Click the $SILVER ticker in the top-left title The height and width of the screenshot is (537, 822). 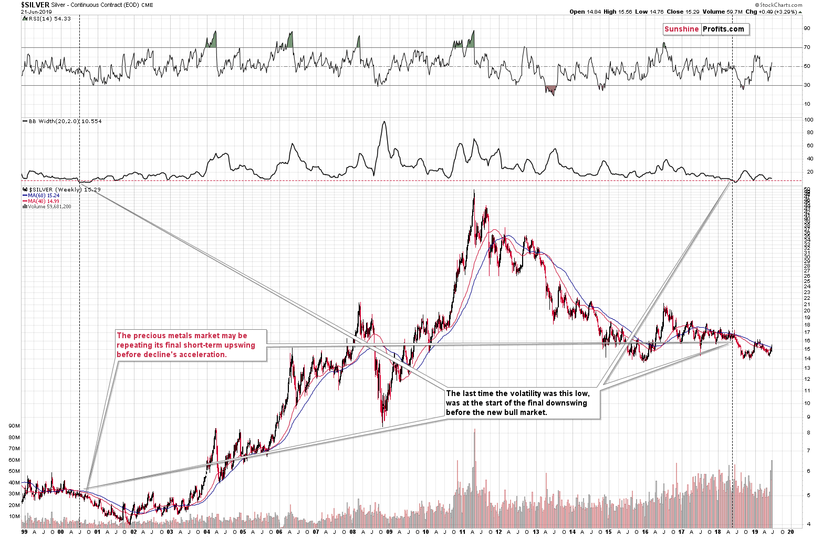(35, 5)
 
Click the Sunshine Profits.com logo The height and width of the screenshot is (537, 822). (704, 29)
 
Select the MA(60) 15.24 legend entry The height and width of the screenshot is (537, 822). (44, 196)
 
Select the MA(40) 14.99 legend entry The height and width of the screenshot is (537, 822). (44, 201)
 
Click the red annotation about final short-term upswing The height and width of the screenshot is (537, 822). (186, 345)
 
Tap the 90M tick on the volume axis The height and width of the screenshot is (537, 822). (14, 426)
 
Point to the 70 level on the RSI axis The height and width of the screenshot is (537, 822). (806, 47)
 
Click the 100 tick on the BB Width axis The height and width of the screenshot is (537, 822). (809, 120)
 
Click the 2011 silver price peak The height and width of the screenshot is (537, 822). (474, 190)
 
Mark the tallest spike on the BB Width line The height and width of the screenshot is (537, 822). (384, 122)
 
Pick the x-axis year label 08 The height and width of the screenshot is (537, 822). (352, 532)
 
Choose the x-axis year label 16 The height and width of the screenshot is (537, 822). (645, 532)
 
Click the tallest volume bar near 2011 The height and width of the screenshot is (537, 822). (475, 429)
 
